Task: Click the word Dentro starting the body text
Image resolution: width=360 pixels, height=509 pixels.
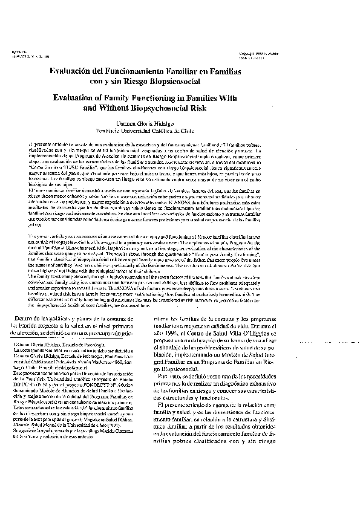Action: [x=33, y=318]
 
